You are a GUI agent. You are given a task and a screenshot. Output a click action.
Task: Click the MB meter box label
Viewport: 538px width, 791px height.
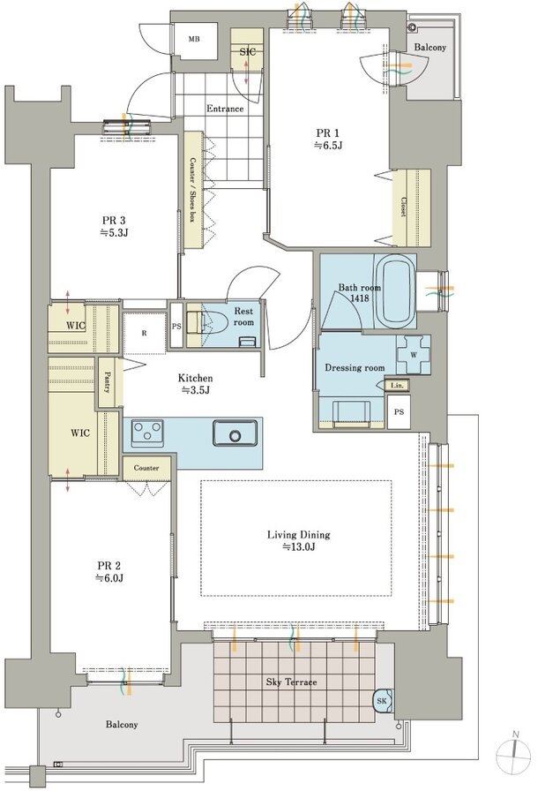(194, 40)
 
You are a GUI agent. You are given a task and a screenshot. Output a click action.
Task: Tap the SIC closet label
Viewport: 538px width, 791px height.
(247, 51)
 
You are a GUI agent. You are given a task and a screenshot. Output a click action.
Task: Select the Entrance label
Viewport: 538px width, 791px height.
(225, 109)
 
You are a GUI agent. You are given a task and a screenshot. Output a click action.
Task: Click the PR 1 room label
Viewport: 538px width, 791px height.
(327, 139)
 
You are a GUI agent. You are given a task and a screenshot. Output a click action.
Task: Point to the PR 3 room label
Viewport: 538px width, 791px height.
(114, 227)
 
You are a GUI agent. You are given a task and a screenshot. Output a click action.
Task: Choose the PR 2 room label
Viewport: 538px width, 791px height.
(110, 572)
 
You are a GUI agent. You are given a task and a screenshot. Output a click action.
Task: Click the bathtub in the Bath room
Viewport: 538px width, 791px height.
(398, 292)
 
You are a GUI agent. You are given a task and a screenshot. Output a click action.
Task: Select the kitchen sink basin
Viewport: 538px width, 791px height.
(235, 433)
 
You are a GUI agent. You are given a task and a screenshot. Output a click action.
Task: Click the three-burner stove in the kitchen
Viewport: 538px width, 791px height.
(147, 433)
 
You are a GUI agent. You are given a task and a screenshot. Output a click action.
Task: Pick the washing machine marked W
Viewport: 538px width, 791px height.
(414, 354)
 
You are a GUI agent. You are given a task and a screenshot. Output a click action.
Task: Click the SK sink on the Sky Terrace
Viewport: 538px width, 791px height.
(383, 701)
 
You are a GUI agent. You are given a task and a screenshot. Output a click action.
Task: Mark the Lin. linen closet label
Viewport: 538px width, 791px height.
(398, 386)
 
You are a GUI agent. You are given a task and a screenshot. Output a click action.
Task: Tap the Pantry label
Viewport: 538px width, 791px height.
(108, 382)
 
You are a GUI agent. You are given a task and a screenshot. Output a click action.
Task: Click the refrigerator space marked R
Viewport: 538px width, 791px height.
(145, 333)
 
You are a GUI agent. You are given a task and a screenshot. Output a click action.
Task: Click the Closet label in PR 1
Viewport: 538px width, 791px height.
(403, 207)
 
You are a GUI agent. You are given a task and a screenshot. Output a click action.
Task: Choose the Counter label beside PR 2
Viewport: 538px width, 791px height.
(146, 468)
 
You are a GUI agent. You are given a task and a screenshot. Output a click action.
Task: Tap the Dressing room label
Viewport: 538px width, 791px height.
(355, 368)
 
